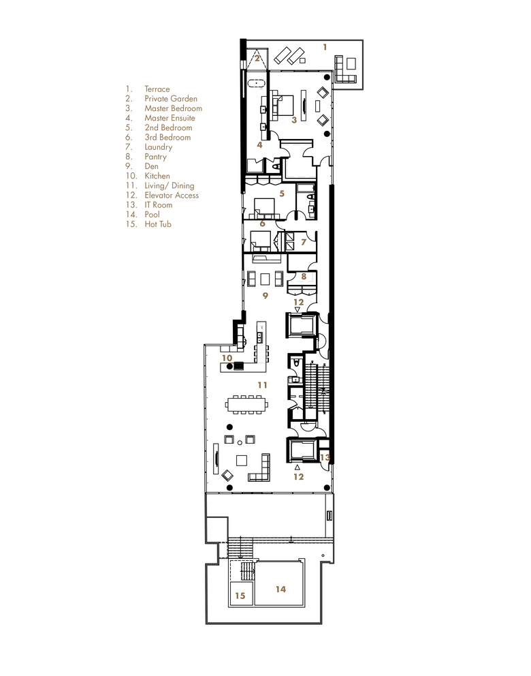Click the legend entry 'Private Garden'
pyautogui.click(x=171, y=99)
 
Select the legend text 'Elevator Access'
pyautogui.click(x=172, y=196)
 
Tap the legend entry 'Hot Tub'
pyautogui.click(x=158, y=224)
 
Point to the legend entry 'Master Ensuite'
pyautogui.click(x=170, y=118)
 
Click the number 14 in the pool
pyautogui.click(x=280, y=589)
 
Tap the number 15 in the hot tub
pyautogui.click(x=240, y=596)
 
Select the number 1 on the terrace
pyautogui.click(x=325, y=47)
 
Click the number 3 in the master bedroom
pyautogui.click(x=294, y=120)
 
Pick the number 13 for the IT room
pyautogui.click(x=325, y=457)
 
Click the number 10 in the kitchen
pyautogui.click(x=227, y=358)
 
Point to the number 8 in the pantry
pyautogui.click(x=304, y=277)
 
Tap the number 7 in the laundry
pyautogui.click(x=304, y=243)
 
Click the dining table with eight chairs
pyautogui.click(x=246, y=404)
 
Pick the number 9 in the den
pyautogui.click(x=265, y=296)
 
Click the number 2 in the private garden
pyautogui.click(x=257, y=58)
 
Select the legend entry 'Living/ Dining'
pyautogui.click(x=170, y=186)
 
